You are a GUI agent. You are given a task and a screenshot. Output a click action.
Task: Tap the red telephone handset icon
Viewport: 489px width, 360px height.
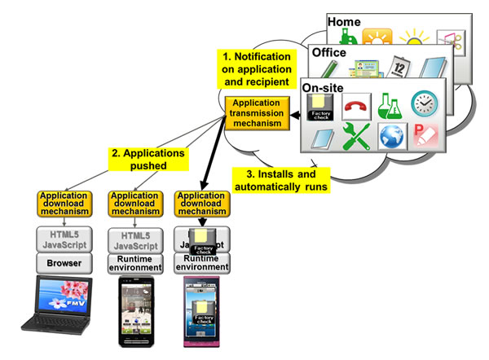(x=357, y=104)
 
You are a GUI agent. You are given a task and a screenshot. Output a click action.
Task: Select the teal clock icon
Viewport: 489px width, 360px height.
(x=424, y=103)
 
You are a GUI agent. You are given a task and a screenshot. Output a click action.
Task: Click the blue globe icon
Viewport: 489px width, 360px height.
(x=391, y=135)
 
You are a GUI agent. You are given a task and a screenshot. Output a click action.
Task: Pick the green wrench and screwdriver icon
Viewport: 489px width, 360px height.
(x=357, y=135)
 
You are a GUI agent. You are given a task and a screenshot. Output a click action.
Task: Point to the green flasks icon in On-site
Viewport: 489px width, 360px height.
(x=390, y=103)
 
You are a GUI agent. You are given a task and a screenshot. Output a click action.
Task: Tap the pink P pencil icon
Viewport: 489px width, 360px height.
(x=424, y=135)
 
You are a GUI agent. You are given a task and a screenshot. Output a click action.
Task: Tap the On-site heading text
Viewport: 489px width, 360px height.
(x=322, y=85)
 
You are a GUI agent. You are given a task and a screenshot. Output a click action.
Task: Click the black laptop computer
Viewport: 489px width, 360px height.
(x=56, y=303)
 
